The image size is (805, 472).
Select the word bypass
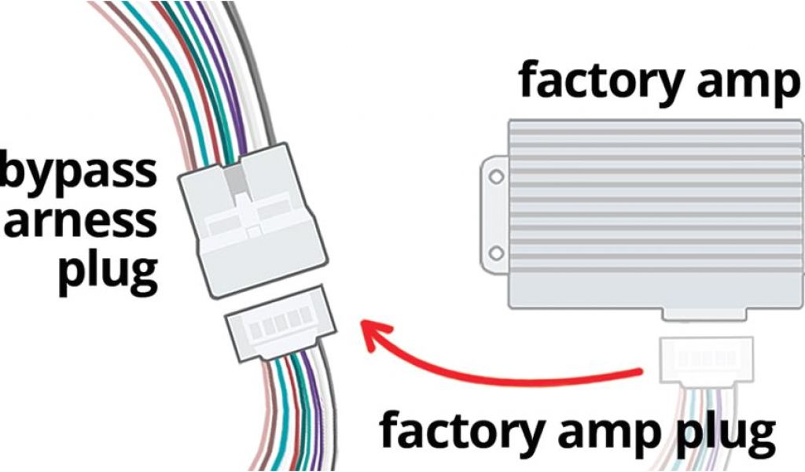(x=79, y=171)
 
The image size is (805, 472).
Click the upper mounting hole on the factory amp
(x=496, y=177)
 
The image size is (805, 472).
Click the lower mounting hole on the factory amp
(x=496, y=253)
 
